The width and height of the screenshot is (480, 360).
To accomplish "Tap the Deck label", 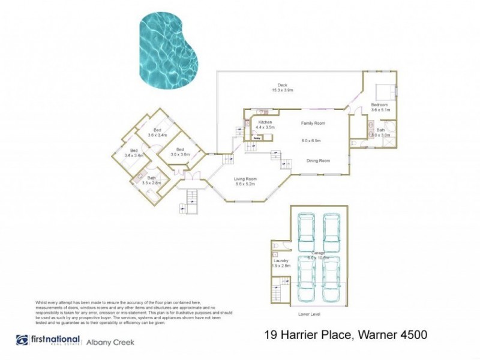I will (282, 88).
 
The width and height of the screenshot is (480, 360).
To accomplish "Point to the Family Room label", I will (313, 123).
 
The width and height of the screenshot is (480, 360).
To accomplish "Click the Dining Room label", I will (319, 160).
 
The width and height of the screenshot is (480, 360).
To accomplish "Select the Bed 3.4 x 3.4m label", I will (133, 152).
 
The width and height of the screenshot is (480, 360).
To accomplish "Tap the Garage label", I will (318, 254).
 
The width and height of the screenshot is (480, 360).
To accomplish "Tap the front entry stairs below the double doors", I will (193, 197).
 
